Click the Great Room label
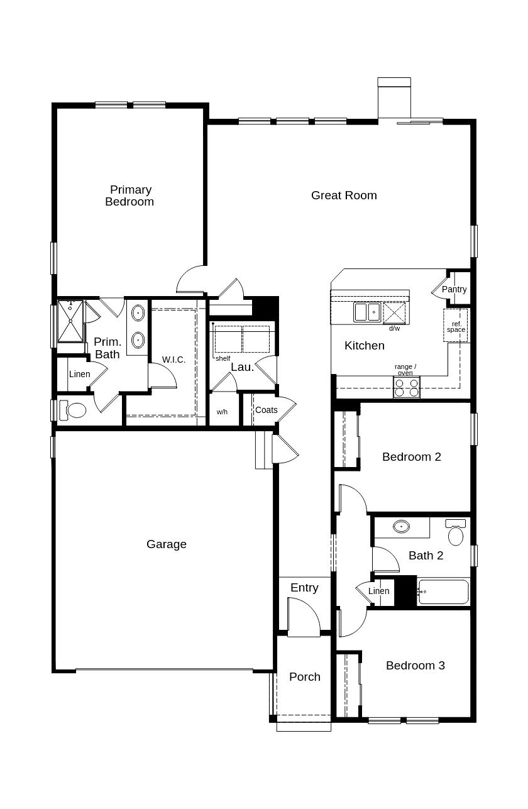344,195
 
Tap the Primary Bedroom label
129,195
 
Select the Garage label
167,544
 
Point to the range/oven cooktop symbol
407,387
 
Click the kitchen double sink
367,312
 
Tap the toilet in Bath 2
456,532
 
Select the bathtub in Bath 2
443,592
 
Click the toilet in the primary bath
72,410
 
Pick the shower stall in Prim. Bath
70,321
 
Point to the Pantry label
454,289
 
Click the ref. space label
456,327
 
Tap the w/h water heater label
222,412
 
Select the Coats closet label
267,410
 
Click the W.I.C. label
173,360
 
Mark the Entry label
304,588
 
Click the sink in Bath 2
401,526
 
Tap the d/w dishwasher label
394,328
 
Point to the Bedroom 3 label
415,666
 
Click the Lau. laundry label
243,367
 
